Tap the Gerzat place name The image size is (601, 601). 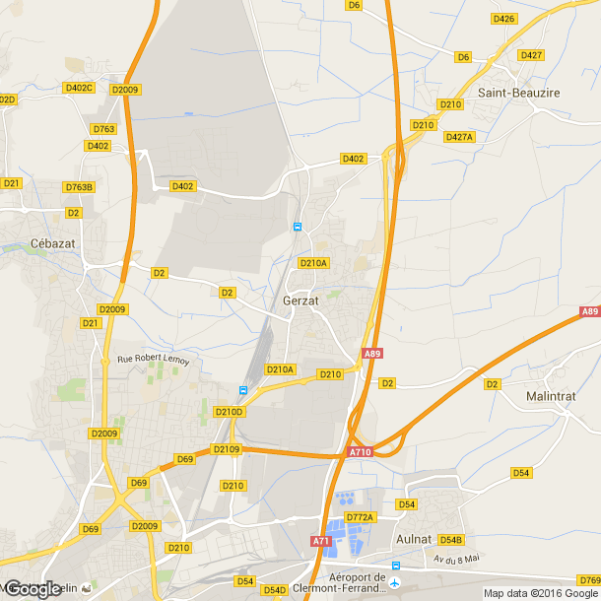(300, 300)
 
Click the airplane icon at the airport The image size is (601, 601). (396, 566)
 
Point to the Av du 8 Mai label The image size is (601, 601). (456, 559)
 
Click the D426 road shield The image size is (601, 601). (503, 19)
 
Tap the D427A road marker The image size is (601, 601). (459, 137)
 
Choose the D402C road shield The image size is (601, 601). (78, 88)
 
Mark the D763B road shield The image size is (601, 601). (79, 186)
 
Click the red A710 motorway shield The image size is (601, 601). (359, 452)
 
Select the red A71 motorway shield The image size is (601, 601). (321, 541)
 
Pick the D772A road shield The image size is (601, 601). (360, 516)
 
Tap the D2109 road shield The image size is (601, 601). (226, 449)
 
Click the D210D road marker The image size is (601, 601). (229, 411)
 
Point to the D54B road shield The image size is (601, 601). (450, 540)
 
